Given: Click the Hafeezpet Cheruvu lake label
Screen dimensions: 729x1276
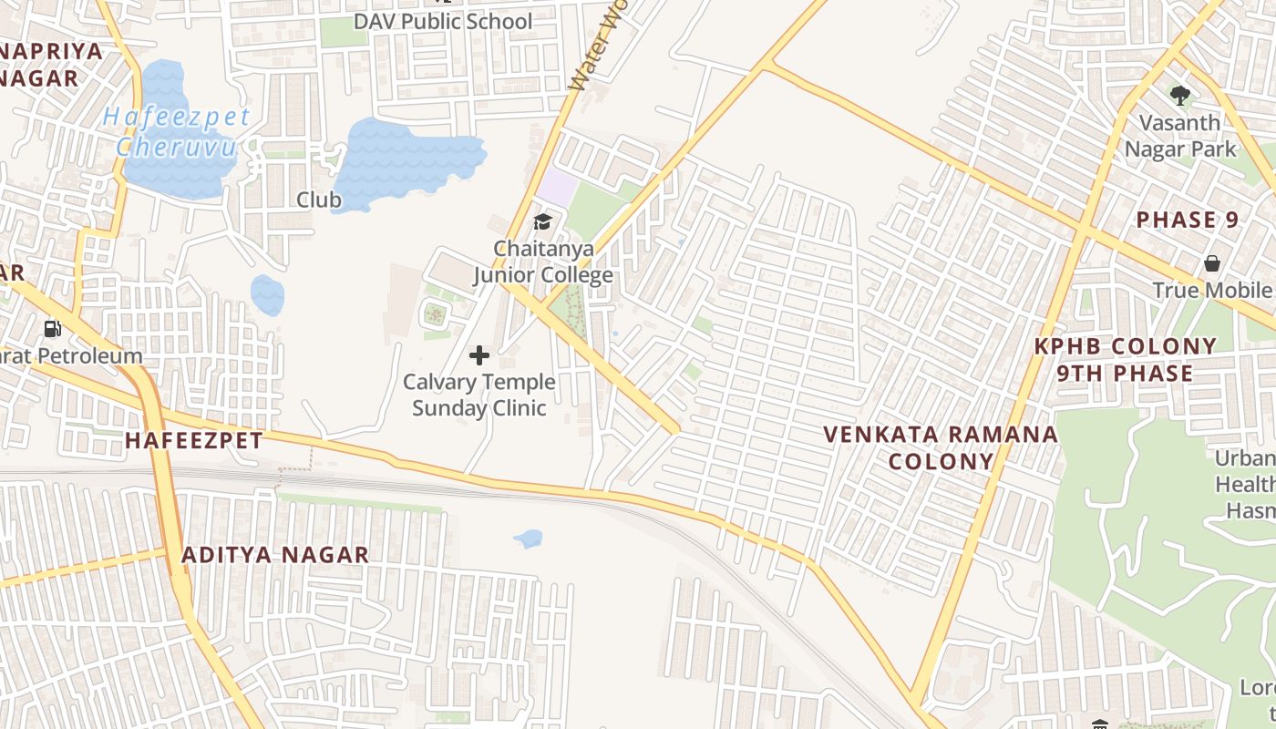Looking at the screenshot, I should point(177,131).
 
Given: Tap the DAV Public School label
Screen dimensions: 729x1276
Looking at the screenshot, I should point(443,21).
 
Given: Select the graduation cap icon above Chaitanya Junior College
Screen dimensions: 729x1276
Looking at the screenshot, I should point(543,221).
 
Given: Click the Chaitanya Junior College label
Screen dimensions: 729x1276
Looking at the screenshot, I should point(542,262).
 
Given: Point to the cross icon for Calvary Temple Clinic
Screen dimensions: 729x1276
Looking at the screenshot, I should point(479,355).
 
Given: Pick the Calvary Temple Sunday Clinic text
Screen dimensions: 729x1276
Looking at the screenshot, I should point(478,395).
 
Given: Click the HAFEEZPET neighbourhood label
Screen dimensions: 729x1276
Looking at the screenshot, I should point(193,441).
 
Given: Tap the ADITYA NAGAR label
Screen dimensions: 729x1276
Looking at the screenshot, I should point(275,555).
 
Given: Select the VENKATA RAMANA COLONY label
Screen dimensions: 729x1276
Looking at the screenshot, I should point(942,447).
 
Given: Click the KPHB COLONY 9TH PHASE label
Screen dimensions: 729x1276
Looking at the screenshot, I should point(1126,360).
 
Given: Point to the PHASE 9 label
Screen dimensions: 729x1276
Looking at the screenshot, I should point(1188,221).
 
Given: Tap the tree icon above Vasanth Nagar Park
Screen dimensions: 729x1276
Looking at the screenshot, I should point(1180,95).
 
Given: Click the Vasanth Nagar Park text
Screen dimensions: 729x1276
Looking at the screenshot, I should point(1180,136).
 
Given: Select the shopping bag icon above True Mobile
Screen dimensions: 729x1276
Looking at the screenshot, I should point(1212,263).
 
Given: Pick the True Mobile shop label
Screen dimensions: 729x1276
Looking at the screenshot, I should point(1212,290).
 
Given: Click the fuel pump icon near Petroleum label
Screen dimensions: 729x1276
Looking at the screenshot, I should point(53,328).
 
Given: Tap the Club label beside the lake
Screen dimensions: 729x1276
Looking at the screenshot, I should point(319,200).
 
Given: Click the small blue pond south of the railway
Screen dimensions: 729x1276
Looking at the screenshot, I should point(529,539).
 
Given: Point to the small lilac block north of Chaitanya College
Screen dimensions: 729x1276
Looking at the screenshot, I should point(557,189).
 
